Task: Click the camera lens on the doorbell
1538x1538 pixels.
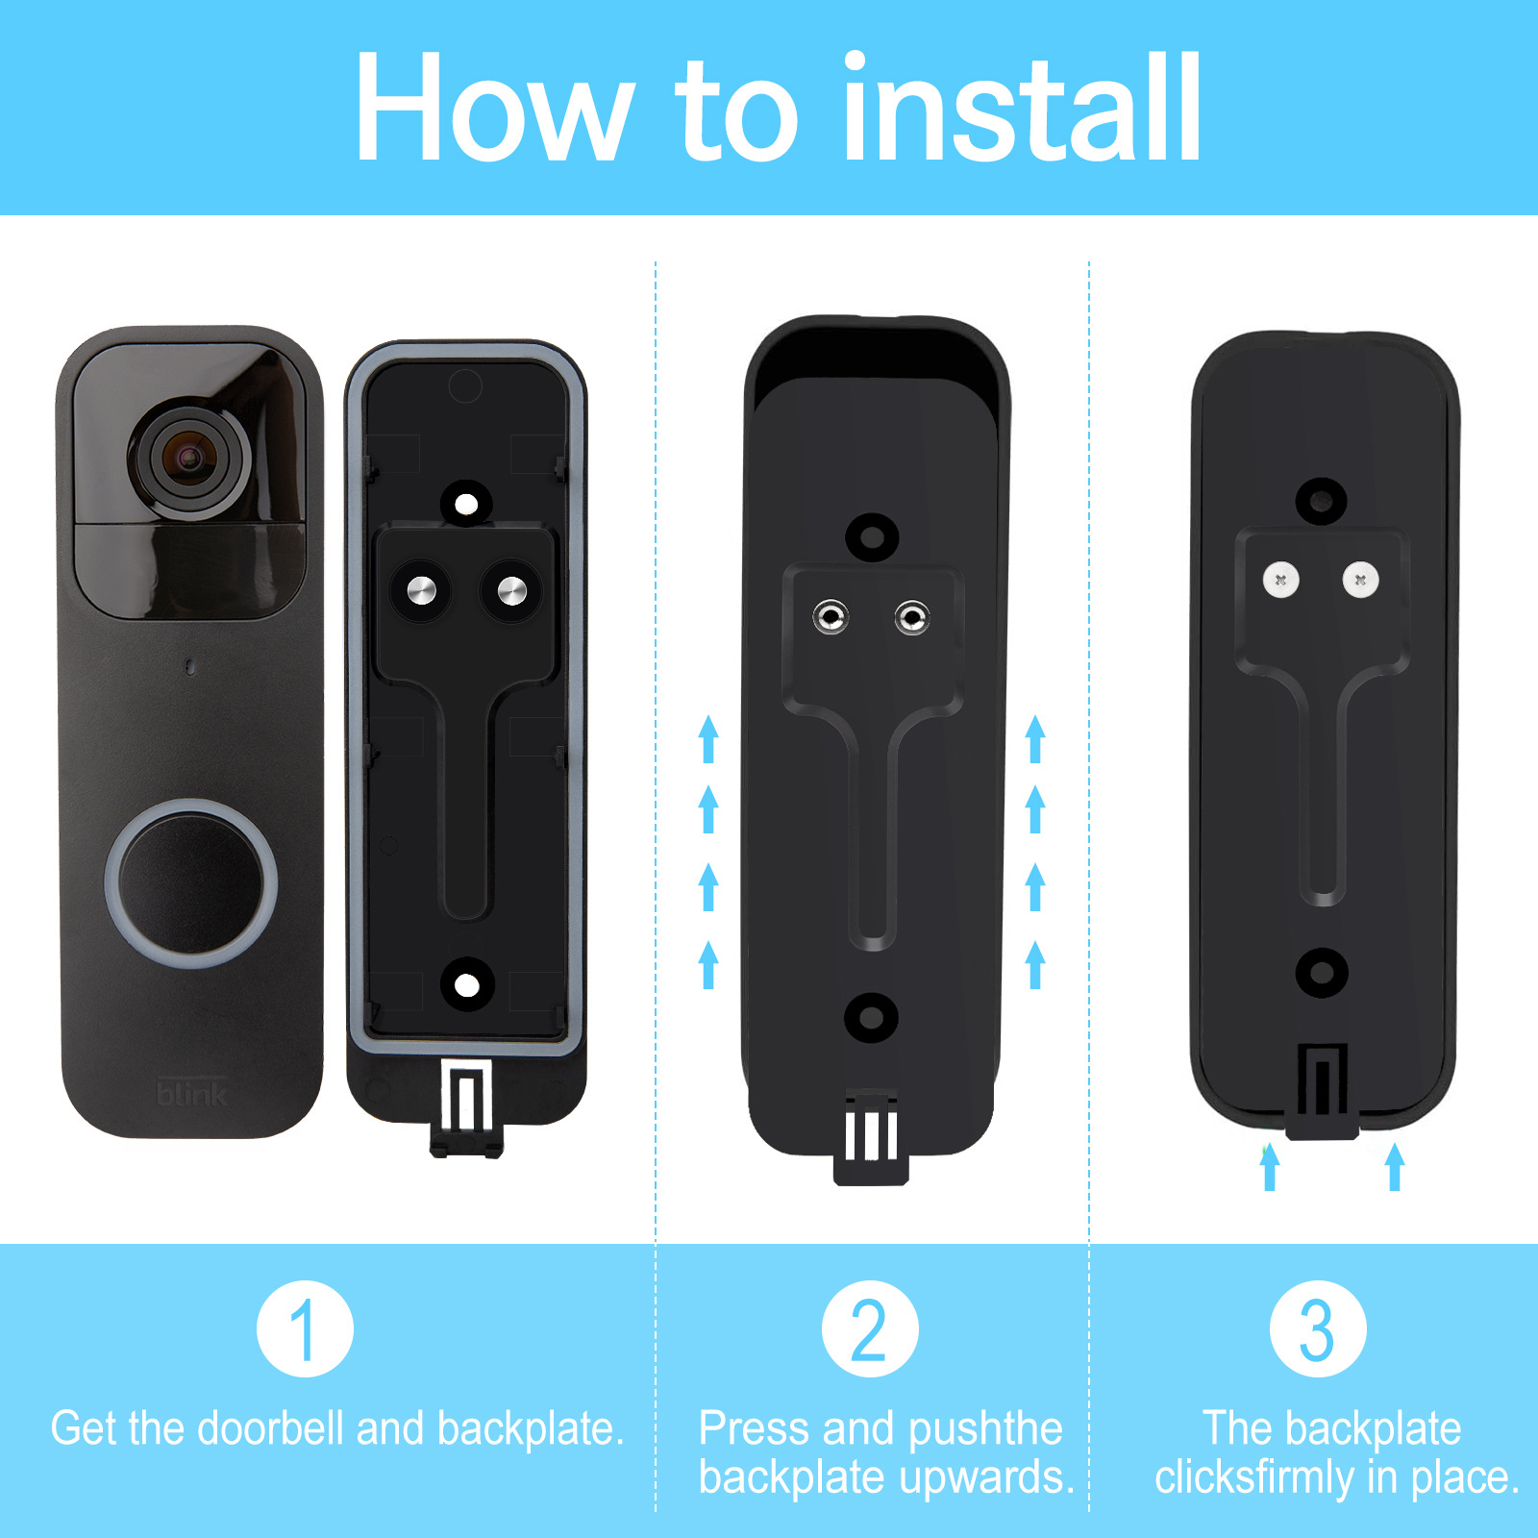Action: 191,458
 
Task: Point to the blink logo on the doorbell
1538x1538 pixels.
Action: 191,1094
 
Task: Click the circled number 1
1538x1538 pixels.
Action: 305,1328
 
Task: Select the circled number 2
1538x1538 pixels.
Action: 870,1328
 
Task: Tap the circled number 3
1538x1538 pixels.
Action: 1317,1328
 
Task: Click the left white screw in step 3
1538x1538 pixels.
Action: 1280,580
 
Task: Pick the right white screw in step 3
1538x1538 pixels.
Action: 1360,580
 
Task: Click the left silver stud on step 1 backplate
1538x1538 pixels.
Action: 421,590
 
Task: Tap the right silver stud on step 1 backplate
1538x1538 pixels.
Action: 511,590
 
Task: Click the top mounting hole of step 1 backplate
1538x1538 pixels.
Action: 466,504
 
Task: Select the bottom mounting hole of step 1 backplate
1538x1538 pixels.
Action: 466,984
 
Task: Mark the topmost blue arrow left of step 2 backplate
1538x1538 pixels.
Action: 708,738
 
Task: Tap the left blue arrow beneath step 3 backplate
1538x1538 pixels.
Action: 1270,1166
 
